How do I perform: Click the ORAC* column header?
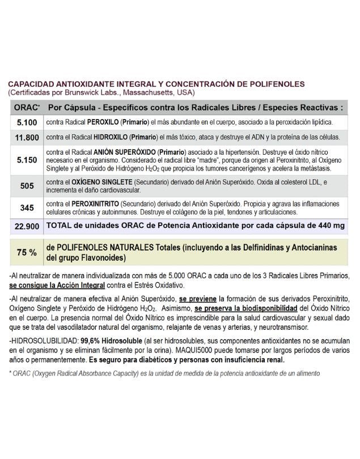tap(27, 107)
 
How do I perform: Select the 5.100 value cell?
tap(27, 122)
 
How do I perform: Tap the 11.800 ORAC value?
tap(27, 137)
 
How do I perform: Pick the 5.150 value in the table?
tap(27, 160)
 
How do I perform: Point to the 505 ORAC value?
tap(27, 186)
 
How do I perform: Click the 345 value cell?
tap(27, 207)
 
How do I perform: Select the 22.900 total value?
tap(27, 226)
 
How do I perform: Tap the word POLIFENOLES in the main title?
tap(273, 84)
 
